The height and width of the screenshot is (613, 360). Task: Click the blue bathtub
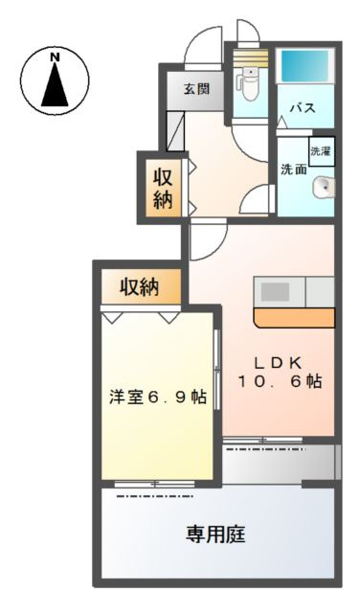(x=305, y=69)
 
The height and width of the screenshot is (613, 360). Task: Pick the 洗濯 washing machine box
(x=320, y=151)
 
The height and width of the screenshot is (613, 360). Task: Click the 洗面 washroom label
(x=293, y=170)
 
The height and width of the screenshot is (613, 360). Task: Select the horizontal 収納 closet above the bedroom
(x=138, y=285)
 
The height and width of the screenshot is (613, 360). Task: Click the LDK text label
(x=278, y=362)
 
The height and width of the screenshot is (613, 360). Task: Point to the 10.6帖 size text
(x=278, y=381)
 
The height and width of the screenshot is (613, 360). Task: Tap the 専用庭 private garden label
(x=215, y=534)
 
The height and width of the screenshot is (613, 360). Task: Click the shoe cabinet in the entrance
(x=174, y=129)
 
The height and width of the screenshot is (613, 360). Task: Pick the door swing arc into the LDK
(x=204, y=239)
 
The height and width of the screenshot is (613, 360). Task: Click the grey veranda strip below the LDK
(x=278, y=464)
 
